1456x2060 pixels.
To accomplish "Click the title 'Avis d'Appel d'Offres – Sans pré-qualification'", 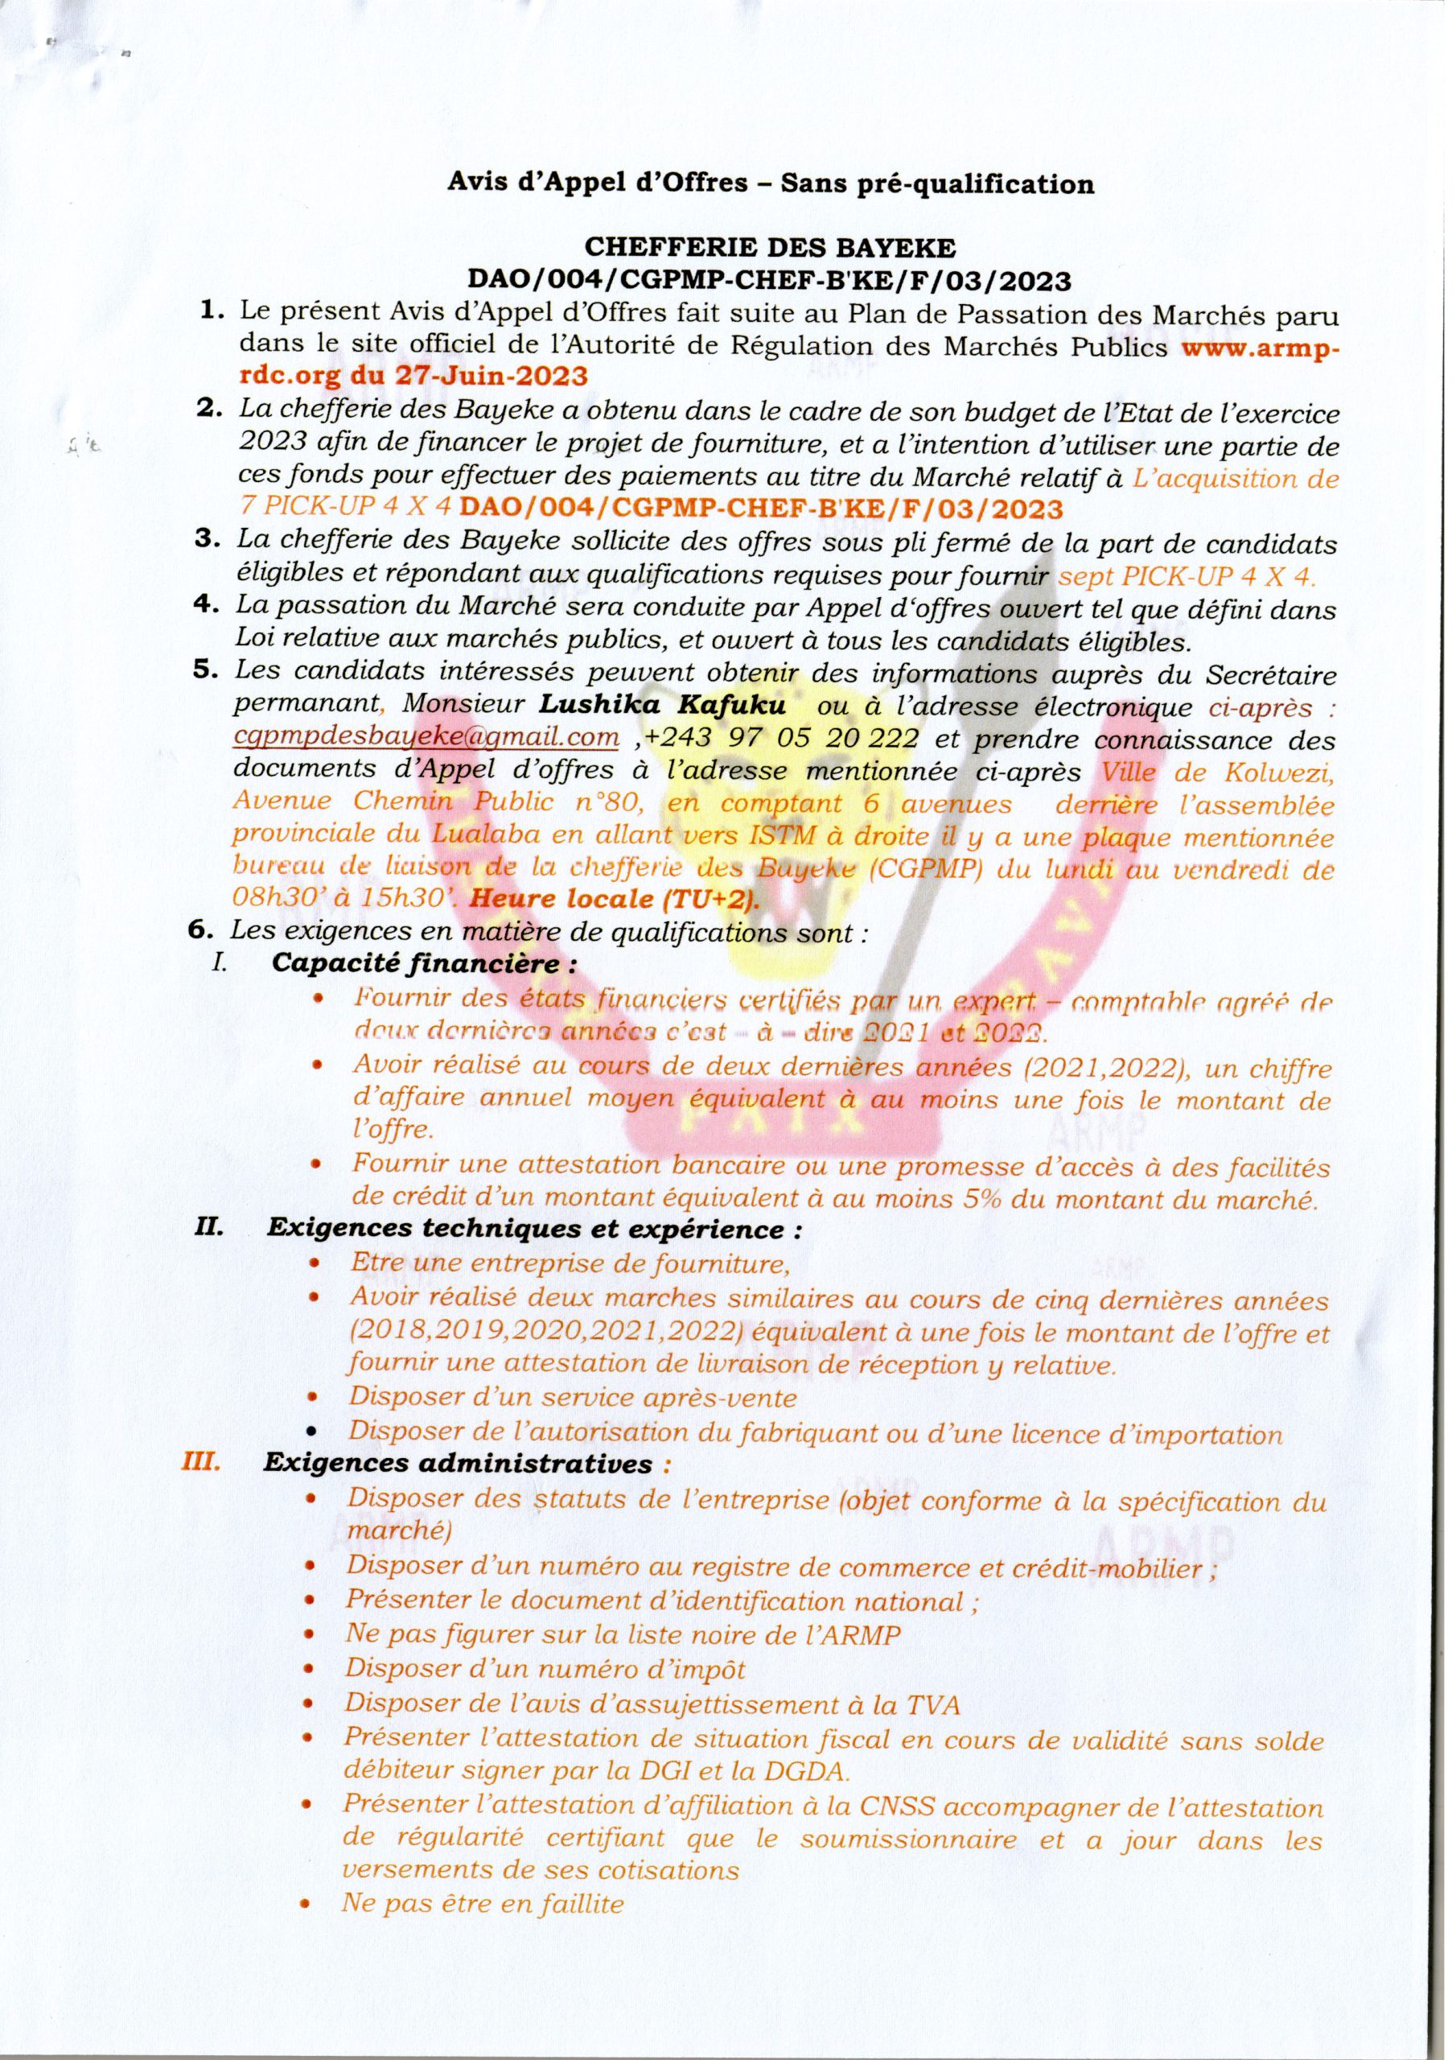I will tap(771, 184).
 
